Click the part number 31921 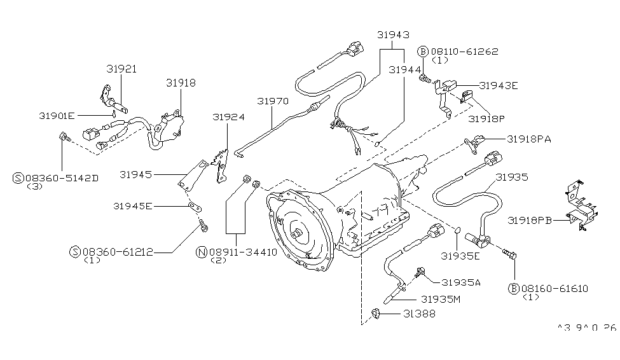click(x=121, y=69)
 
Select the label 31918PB click(x=530, y=220)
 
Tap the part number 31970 click(x=273, y=101)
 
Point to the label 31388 click(x=419, y=314)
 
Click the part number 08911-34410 click(x=243, y=252)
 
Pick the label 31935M click(x=441, y=300)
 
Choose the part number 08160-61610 click(x=555, y=289)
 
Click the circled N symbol click(x=202, y=252)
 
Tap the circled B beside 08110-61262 click(x=423, y=52)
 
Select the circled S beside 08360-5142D click(x=18, y=178)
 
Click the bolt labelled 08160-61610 click(x=509, y=254)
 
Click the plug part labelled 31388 click(x=375, y=314)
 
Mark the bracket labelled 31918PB click(x=581, y=205)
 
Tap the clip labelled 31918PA click(x=474, y=143)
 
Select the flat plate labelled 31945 click(x=193, y=176)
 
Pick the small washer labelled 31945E click(x=195, y=207)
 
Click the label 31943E click(x=498, y=86)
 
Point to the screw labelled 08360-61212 click(x=203, y=226)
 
